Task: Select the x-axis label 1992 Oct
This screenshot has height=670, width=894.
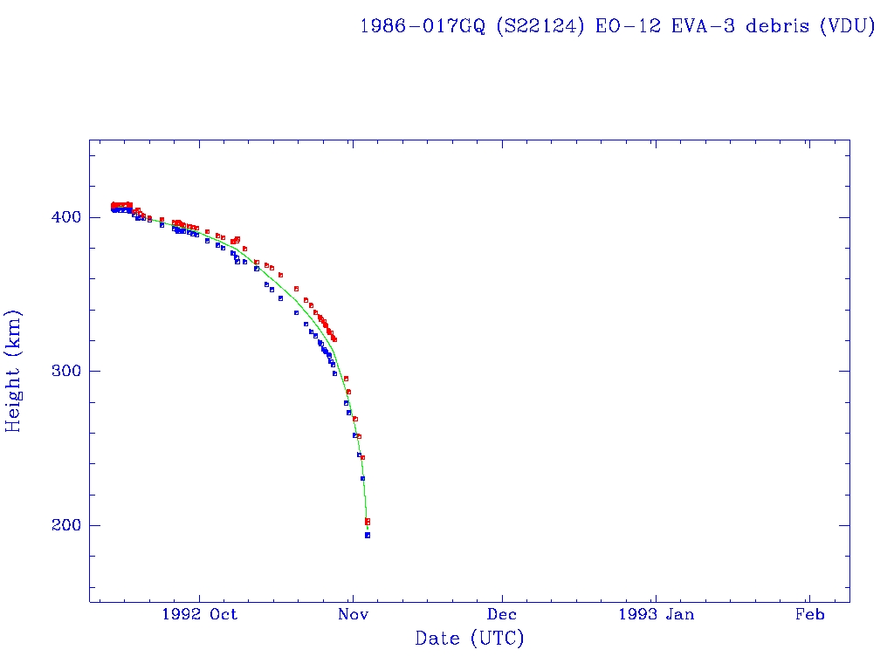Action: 199,614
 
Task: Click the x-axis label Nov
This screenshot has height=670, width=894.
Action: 352,614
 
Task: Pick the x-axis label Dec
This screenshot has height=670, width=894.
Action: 504,614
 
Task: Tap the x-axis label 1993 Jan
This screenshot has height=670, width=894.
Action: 657,614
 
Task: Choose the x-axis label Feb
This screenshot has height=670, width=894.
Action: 809,614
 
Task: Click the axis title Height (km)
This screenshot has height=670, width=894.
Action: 14,371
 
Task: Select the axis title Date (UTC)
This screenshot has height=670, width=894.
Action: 470,639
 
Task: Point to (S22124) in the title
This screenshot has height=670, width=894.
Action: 541,26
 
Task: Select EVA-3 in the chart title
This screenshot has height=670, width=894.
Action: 701,26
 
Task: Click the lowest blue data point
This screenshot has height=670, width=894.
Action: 368,535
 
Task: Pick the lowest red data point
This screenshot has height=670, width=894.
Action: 368,523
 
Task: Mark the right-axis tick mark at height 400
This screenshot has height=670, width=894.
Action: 845,217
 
